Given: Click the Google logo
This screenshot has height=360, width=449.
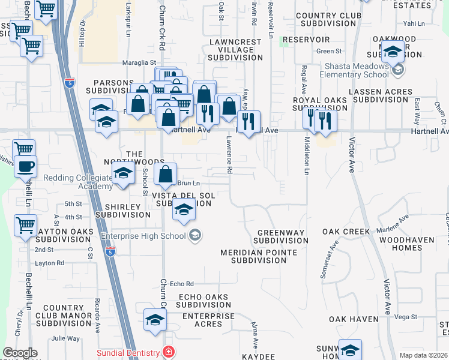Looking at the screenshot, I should click(20, 353).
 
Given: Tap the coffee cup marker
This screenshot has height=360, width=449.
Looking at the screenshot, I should click(25, 166).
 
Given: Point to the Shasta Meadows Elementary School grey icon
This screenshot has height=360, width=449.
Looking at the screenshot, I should click(397, 71).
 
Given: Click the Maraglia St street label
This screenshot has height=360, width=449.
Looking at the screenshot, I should click(140, 62).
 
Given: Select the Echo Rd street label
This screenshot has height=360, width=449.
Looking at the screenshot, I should click(181, 284).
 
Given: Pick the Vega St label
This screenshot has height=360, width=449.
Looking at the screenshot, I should click(406, 317).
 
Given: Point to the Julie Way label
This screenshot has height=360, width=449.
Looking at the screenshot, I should click(65, 338).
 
